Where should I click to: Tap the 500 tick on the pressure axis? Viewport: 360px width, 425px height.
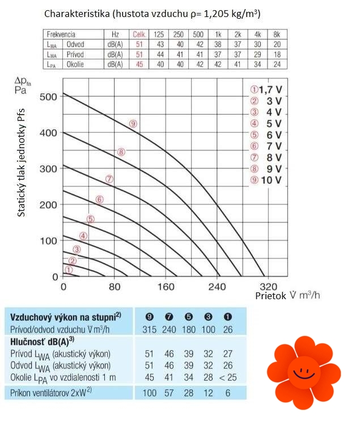pyautogui.click(x=49, y=97)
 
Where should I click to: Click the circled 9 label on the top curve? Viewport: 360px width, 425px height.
pyautogui.click(x=133, y=124)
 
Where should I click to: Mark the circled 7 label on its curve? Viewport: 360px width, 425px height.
pyautogui.click(x=109, y=179)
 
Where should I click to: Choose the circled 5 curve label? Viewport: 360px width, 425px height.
pyautogui.click(x=90, y=219)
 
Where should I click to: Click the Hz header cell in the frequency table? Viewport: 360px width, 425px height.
pyautogui.click(x=116, y=35)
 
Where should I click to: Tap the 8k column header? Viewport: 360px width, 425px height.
pyautogui.click(x=277, y=35)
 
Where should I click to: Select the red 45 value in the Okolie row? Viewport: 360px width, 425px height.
pyautogui.click(x=138, y=64)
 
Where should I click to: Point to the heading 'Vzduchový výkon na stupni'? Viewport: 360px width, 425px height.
pyautogui.click(x=61, y=317)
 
